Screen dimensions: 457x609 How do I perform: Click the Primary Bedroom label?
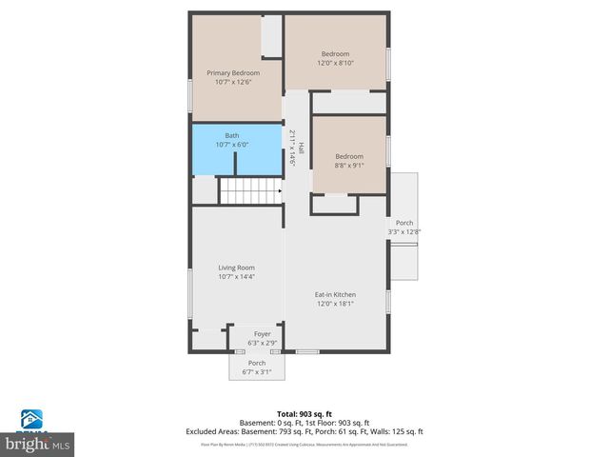(x=233, y=73)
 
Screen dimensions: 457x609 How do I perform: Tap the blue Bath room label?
(x=232, y=135)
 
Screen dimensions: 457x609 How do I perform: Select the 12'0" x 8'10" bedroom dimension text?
(x=335, y=64)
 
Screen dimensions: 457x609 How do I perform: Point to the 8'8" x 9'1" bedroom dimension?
(x=348, y=166)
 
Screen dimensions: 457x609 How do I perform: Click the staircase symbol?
(x=250, y=190)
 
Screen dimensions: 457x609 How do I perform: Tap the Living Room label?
(x=236, y=268)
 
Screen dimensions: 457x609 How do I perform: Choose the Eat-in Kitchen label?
(x=335, y=294)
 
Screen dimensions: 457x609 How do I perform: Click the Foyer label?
(x=262, y=333)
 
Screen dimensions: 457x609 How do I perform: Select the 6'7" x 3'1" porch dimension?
(x=256, y=371)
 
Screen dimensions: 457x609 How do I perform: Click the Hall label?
(x=301, y=149)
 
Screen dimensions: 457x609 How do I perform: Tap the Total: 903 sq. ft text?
(x=304, y=413)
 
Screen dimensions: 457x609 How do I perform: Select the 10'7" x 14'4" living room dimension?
(x=236, y=277)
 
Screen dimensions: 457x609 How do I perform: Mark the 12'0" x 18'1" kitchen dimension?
(x=335, y=304)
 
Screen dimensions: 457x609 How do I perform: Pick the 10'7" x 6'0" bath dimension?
(x=232, y=145)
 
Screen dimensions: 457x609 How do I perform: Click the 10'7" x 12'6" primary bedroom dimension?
(x=233, y=82)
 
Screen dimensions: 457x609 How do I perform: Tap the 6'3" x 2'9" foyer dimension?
(x=262, y=342)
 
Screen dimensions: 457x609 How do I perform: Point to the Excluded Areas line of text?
(x=304, y=431)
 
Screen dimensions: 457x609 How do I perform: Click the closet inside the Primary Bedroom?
(x=272, y=35)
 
